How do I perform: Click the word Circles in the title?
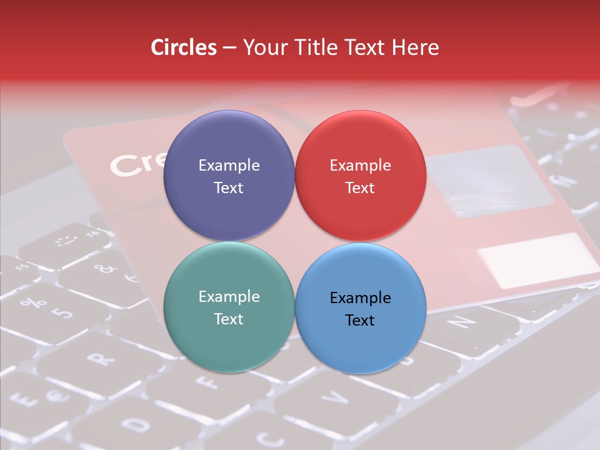[184, 47]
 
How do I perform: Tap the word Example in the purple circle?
[229, 166]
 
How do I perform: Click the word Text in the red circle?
[360, 188]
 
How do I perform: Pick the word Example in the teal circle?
[229, 297]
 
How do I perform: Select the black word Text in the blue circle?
[360, 321]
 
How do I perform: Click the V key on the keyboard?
[337, 397]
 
